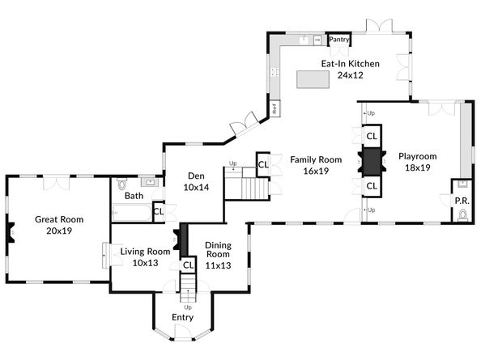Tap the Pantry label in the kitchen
pyautogui.click(x=338, y=38)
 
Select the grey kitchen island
pyautogui.click(x=315, y=78)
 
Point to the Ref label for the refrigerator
pyautogui.click(x=275, y=107)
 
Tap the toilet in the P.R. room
pyautogui.click(x=462, y=214)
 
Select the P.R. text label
pyautogui.click(x=462, y=200)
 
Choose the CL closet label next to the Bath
pyautogui.click(x=159, y=212)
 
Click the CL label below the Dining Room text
pyautogui.click(x=188, y=265)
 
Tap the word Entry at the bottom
pyautogui.click(x=183, y=317)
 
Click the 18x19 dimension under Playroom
pyautogui.click(x=417, y=168)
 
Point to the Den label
pyautogui.click(x=196, y=176)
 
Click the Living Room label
pyautogui.click(x=146, y=252)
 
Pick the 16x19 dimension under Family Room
pyautogui.click(x=307, y=171)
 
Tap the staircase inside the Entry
pyautogui.click(x=188, y=285)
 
